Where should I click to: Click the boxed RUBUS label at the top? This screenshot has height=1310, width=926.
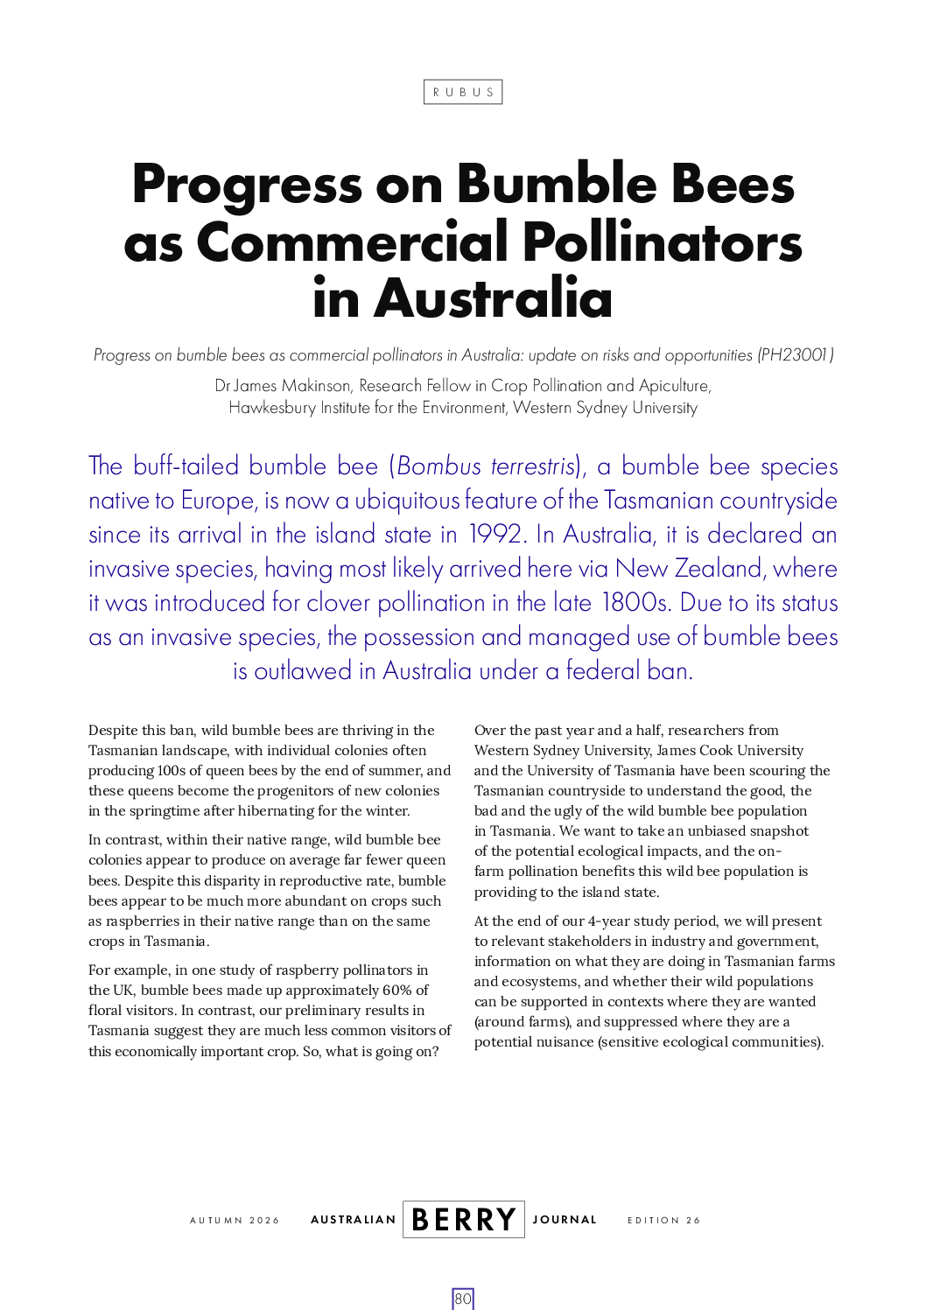tap(463, 92)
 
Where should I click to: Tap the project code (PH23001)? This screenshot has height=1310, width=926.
tap(796, 355)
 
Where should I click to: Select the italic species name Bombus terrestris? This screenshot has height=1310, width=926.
tap(486, 466)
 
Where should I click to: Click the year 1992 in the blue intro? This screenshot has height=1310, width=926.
tap(496, 535)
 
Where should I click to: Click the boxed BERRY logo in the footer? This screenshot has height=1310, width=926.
tap(464, 1220)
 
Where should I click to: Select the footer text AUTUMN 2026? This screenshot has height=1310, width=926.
tap(235, 1221)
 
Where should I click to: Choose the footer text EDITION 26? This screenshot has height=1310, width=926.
tap(663, 1221)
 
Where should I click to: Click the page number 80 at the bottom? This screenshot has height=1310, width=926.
tap(463, 1299)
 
